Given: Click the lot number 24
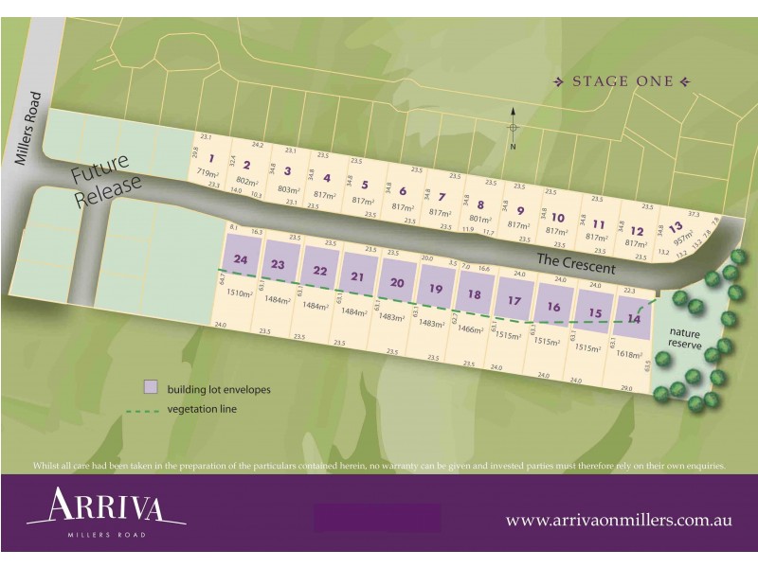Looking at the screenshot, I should pyautogui.click(x=241, y=259).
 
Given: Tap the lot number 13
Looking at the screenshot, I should pyautogui.click(x=675, y=226).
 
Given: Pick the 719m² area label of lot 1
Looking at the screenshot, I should pyautogui.click(x=208, y=174).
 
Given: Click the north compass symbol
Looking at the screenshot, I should pyautogui.click(x=513, y=128).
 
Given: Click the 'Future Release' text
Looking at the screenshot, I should pyautogui.click(x=106, y=185).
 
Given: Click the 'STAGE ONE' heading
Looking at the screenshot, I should pyautogui.click(x=623, y=81).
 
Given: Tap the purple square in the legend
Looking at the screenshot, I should pyautogui.click(x=150, y=388).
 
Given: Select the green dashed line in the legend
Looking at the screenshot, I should pyautogui.click(x=143, y=411).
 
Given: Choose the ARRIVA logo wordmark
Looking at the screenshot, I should pyautogui.click(x=106, y=506).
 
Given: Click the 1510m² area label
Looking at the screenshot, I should pyautogui.click(x=241, y=294).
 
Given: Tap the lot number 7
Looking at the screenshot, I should pyautogui.click(x=441, y=197).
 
